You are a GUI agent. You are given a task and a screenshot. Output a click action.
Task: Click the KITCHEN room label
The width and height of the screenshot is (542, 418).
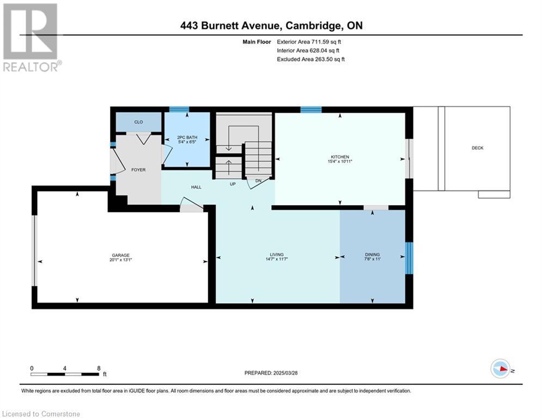click(340, 157)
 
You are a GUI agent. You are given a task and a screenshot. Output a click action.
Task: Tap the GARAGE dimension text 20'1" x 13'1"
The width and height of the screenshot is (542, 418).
click(120, 260)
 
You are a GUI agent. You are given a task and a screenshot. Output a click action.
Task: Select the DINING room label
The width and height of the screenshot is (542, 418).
click(372, 255)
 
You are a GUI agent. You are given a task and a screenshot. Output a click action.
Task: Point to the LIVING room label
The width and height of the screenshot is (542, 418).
click(277, 255)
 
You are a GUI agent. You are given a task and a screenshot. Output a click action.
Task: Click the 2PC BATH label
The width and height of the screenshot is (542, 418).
click(187, 138)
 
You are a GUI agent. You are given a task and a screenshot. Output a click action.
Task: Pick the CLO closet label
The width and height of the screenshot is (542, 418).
click(138, 122)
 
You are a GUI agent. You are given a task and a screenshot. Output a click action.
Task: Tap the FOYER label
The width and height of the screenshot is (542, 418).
click(138, 170)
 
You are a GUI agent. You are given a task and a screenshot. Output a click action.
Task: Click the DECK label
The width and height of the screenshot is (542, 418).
click(478, 148)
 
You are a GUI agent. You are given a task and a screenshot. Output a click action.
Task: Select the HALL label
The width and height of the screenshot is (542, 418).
click(196, 187)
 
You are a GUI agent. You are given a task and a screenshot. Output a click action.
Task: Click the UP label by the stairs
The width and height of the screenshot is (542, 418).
click(233, 184)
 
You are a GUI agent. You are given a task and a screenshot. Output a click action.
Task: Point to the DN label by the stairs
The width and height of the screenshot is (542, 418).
click(258, 181)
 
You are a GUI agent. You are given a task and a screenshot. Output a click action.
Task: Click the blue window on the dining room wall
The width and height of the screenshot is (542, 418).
click(409, 258)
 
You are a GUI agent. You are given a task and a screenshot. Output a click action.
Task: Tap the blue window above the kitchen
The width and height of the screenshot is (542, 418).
click(311, 110)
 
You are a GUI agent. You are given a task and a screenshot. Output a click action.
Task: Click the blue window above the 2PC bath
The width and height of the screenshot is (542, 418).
click(179, 109)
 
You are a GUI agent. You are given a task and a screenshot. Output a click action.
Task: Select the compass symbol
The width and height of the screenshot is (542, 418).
click(501, 368)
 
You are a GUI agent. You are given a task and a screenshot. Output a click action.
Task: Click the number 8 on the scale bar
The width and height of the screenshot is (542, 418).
click(99, 368)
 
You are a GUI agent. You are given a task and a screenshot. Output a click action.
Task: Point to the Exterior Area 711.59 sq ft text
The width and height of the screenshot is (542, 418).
click(309, 42)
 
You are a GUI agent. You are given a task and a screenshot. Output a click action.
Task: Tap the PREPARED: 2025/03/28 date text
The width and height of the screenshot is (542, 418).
click(271, 373)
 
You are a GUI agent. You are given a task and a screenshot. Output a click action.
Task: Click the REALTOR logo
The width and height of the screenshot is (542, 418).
click(31, 38)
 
